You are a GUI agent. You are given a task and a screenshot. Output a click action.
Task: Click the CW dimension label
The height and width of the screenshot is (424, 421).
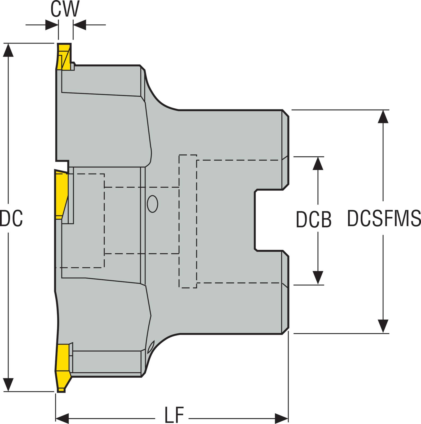click(x=65, y=10)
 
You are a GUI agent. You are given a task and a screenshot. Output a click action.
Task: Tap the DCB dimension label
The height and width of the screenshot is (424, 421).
click(x=313, y=219)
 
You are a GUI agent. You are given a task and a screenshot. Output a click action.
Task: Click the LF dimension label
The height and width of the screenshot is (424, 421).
click(x=174, y=415)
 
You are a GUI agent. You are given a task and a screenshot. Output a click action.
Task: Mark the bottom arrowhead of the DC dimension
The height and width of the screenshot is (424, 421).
click(x=8, y=385)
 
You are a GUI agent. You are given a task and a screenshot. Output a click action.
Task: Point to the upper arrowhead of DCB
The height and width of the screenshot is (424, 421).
click(x=318, y=163)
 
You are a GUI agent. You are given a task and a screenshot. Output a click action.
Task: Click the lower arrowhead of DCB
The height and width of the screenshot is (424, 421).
click(x=318, y=278)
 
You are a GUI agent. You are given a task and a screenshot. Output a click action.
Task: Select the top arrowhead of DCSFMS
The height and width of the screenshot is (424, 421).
click(x=383, y=116)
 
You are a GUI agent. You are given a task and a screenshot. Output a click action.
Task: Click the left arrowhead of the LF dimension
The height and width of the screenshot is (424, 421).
click(x=62, y=419)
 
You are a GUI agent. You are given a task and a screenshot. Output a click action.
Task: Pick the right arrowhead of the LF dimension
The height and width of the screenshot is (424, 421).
click(x=282, y=419)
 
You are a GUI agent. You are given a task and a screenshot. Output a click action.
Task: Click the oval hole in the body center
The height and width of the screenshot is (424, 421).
click(x=152, y=204)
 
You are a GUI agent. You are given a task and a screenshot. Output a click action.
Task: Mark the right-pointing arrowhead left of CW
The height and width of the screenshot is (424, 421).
click(x=52, y=25)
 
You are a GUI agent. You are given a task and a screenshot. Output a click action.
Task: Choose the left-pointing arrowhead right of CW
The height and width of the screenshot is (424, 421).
click(x=80, y=25)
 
